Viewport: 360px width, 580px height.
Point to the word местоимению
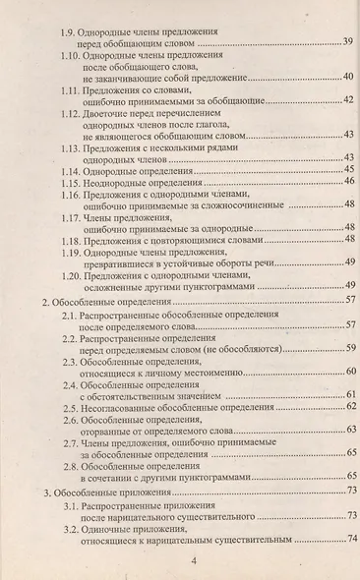click(217, 375)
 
